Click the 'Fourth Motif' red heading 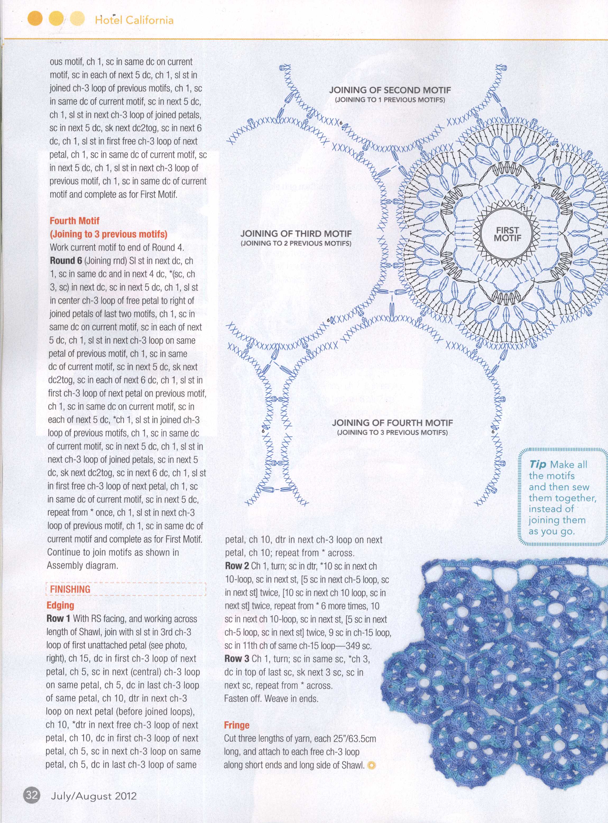pos(74,221)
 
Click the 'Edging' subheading pos(60,605)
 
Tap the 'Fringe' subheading pos(237,725)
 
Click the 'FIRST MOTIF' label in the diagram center pos(508,234)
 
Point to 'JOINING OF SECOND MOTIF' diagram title pos(390,90)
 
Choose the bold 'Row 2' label pos(237,566)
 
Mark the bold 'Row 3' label pos(237,659)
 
